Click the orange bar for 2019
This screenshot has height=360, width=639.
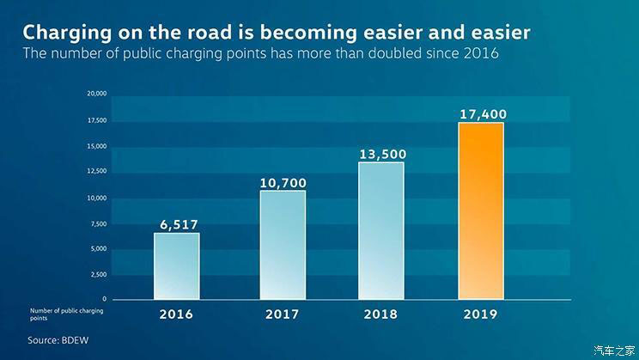[x=481, y=211]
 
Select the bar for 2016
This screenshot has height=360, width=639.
[x=177, y=266]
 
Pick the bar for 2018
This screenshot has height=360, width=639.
[x=380, y=230]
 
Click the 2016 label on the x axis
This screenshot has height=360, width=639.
[x=177, y=314]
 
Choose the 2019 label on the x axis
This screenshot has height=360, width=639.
[x=481, y=314]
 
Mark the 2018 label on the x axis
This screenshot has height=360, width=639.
[x=380, y=314]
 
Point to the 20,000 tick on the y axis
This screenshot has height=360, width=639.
[x=96, y=94]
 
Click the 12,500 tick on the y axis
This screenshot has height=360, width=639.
[x=96, y=171]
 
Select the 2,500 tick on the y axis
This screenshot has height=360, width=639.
[x=98, y=274]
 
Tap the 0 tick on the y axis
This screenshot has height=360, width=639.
[x=104, y=299]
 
